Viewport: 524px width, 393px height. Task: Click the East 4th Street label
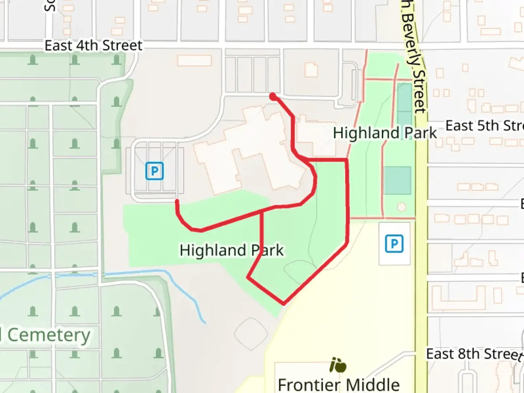click(94, 46)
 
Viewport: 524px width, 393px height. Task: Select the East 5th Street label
click(484, 126)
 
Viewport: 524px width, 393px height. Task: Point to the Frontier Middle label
click(338, 384)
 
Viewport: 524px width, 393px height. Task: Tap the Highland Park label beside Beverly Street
click(385, 133)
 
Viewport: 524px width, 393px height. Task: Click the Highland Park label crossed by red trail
click(231, 250)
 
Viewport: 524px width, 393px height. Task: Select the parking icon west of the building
click(155, 171)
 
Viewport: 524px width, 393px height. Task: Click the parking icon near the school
click(394, 243)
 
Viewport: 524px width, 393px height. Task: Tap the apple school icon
click(338, 365)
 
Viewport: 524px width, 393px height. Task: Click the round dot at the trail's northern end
click(273, 96)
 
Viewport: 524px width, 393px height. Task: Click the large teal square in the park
click(397, 180)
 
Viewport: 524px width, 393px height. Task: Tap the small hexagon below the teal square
click(401, 207)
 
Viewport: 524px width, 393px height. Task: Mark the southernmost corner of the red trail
click(283, 303)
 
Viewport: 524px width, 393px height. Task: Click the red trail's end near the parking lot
click(177, 201)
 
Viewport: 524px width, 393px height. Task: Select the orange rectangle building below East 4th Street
click(194, 60)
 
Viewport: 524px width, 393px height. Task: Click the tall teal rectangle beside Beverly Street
click(404, 104)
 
